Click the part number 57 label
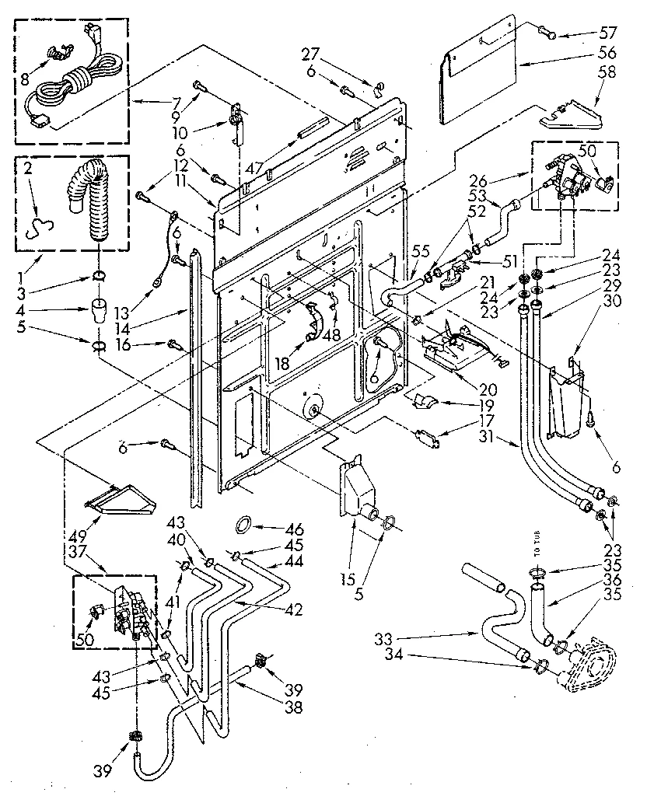[607, 33]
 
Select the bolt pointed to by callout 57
[547, 32]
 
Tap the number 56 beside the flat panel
[607, 52]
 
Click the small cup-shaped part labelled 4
[99, 311]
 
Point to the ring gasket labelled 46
[244, 524]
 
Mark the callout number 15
[348, 579]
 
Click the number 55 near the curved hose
[421, 251]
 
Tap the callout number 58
[607, 72]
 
